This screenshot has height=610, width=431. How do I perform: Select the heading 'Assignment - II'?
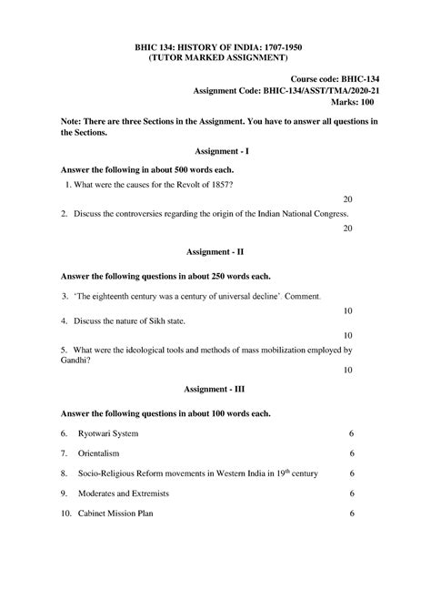click(215, 249)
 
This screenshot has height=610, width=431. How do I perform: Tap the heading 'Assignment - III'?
click(215, 389)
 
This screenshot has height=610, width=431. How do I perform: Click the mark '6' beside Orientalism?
click(351, 453)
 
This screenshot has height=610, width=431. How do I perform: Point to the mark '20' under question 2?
click(347, 229)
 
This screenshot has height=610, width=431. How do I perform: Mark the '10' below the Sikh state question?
click(347, 335)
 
